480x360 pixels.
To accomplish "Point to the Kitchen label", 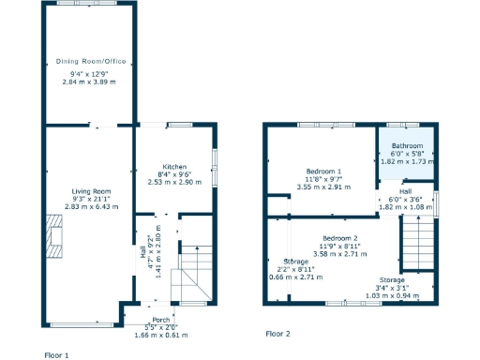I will tap(172, 166).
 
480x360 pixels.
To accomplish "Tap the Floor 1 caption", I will tap(57, 355).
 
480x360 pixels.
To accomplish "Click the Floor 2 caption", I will tap(277, 334).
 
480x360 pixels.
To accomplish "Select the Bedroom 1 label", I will tap(322, 172).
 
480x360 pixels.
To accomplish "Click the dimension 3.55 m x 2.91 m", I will tap(322, 187).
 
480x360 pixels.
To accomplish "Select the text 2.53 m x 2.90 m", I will tap(173, 181).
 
